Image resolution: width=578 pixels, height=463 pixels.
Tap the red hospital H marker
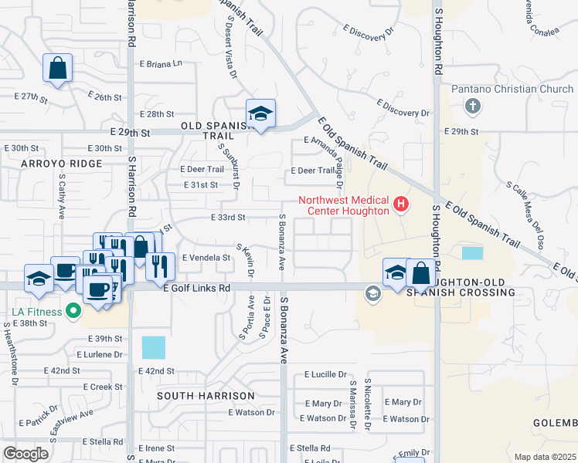click(401, 204)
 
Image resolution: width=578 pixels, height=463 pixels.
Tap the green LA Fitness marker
click(73, 312)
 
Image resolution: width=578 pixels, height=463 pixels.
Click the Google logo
click(26, 454)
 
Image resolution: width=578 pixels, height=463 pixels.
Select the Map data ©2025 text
click(545, 457)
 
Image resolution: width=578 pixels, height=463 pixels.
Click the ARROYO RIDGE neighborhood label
click(62, 164)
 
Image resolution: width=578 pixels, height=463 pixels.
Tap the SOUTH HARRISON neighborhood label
click(205, 396)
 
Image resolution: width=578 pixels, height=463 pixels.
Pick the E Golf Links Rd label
click(197, 288)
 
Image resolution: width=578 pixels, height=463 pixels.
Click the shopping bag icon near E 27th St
click(58, 68)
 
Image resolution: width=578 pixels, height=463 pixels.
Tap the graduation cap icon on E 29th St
click(261, 113)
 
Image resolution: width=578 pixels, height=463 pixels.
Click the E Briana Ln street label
click(165, 63)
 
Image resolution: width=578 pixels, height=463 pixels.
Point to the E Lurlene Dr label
click(100, 355)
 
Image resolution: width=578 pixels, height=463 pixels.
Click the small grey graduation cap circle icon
click(373, 293)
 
